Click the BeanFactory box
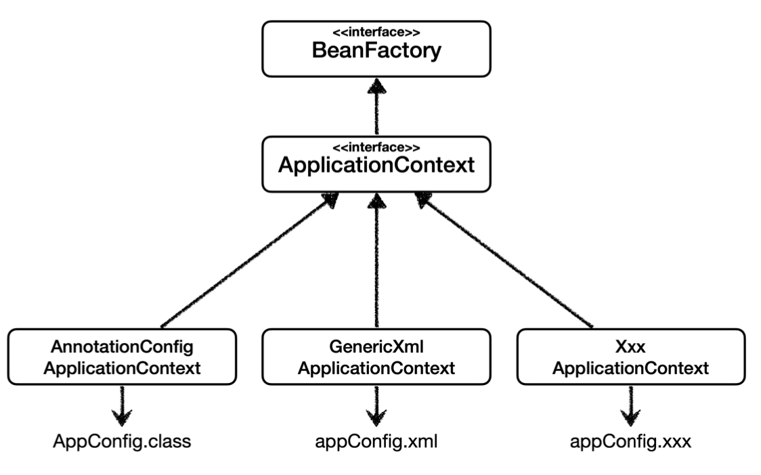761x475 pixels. click(x=376, y=49)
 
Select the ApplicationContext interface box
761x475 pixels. click(x=376, y=164)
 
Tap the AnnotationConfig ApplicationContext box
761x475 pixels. click(x=122, y=357)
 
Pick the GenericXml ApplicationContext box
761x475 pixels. click(x=376, y=357)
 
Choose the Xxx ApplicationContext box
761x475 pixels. click(x=631, y=357)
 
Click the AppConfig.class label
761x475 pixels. click(x=122, y=442)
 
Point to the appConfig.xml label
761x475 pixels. click(x=376, y=442)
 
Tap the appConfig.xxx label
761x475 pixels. click(x=630, y=442)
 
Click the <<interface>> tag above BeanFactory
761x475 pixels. click(x=376, y=32)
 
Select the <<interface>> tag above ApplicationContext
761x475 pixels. click(x=376, y=148)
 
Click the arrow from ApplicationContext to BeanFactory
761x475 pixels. click(x=376, y=107)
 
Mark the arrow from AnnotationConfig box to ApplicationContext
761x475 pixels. click(x=249, y=261)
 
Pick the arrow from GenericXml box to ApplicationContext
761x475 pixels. click(x=376, y=261)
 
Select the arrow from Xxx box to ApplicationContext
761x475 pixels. click(x=503, y=261)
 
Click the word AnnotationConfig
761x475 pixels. click(x=122, y=347)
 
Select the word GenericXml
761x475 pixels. click(x=376, y=347)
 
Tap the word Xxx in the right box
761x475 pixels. click(x=630, y=347)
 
